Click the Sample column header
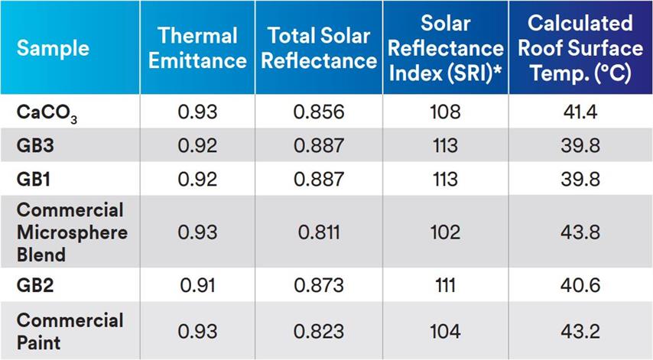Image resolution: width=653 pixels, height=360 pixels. click(53, 49)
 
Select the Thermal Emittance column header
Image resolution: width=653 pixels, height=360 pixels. click(197, 48)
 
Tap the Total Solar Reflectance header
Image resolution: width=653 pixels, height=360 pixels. click(319, 48)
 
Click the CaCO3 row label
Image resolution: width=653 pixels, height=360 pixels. click(47, 112)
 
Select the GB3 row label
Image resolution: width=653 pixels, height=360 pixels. click(35, 145)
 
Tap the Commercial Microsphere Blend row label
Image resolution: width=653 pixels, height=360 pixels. click(71, 232)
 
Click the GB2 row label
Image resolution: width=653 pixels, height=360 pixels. click(35, 284)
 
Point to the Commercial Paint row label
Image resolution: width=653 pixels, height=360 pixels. click(70, 330)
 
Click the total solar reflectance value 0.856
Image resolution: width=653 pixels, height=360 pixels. click(319, 112)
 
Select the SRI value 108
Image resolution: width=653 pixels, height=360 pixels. click(445, 112)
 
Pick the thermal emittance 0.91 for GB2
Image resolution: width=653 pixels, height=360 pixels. click(197, 284)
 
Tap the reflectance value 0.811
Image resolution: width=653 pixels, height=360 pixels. click(319, 232)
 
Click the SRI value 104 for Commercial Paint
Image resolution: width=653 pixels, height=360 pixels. click(445, 331)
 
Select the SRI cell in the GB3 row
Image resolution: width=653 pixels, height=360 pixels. click(445, 145)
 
